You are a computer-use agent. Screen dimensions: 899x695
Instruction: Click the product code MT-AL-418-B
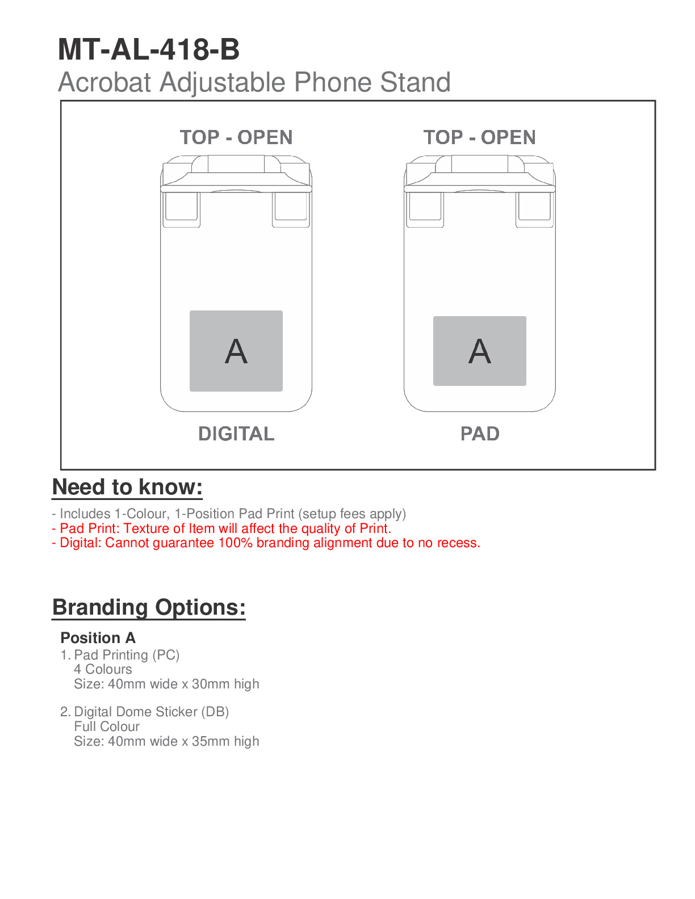coord(149,50)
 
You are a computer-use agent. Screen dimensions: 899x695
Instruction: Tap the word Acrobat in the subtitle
coord(106,83)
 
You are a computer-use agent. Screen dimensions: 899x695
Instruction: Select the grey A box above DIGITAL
coord(236,351)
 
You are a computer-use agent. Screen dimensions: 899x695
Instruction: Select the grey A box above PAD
coord(479,351)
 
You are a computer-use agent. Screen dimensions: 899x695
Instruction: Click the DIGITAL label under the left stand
coord(236,434)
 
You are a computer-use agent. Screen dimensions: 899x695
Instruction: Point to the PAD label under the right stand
coord(480,434)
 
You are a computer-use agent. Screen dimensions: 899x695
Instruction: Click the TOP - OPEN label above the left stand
coord(236,137)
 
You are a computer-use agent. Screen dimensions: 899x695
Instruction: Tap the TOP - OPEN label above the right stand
coord(479,137)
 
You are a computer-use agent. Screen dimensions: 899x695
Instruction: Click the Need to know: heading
coord(127,488)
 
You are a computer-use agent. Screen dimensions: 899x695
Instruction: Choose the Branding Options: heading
coord(149,607)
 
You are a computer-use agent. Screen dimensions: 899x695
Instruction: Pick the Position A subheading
coord(98,638)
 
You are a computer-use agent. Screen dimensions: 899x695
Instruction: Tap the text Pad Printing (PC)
coord(127,655)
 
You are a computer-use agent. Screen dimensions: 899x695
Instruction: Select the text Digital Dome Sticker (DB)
coord(151,712)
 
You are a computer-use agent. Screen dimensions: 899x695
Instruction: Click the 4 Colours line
coord(103,669)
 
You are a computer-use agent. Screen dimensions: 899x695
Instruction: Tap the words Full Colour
coord(107,726)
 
